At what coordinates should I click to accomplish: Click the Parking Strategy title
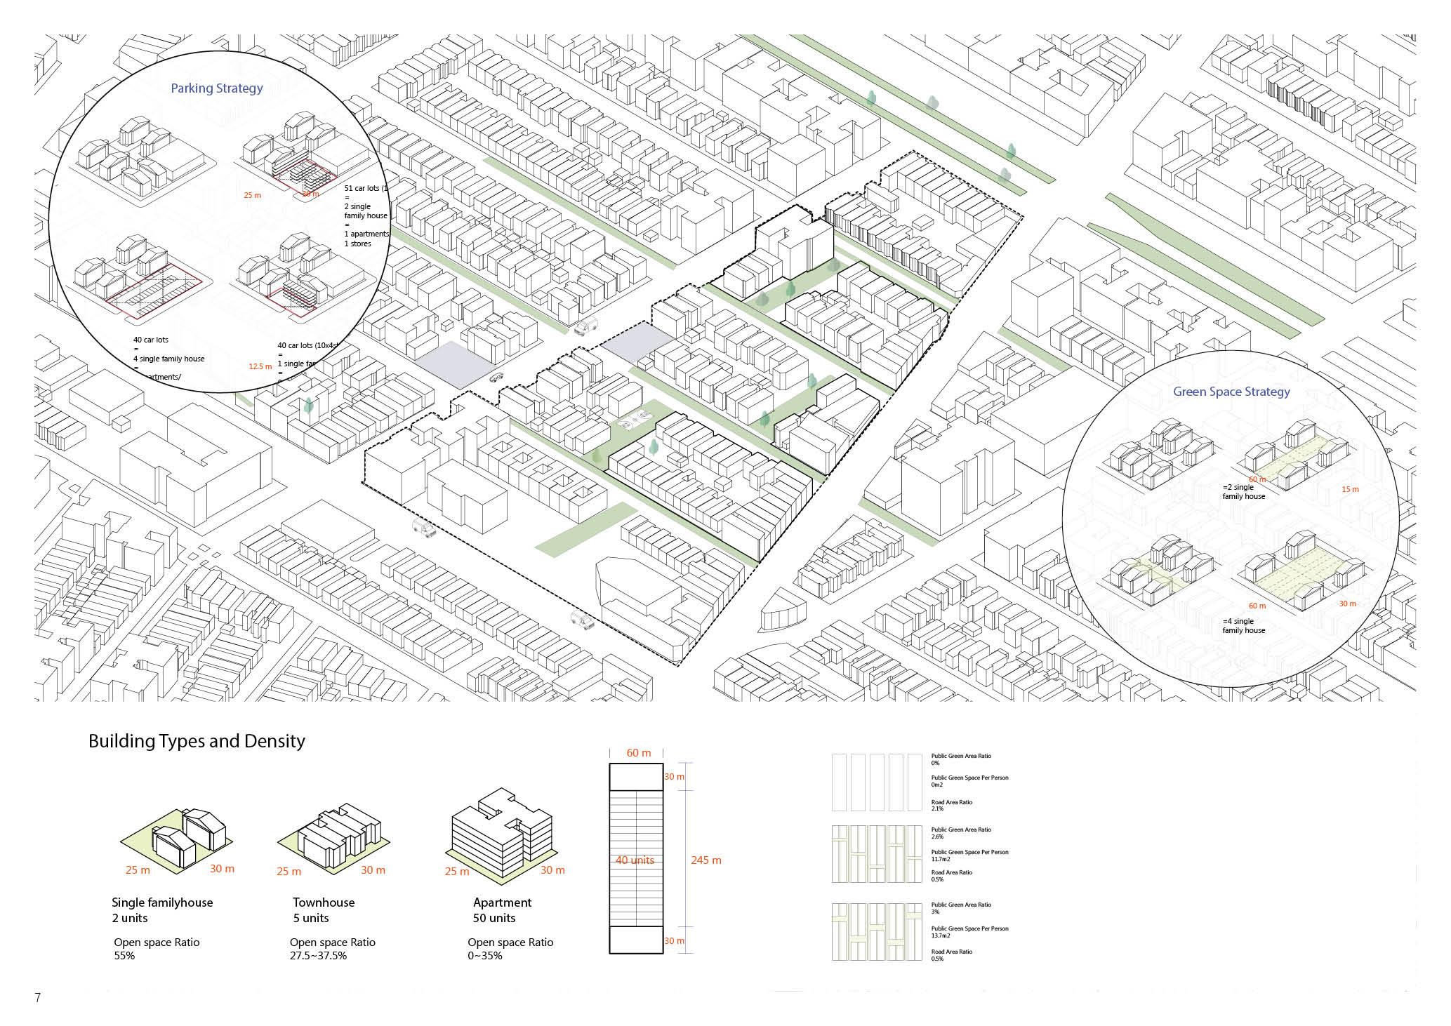click(x=217, y=88)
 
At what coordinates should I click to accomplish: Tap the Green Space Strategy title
click(x=1231, y=392)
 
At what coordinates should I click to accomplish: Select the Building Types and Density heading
click(x=197, y=741)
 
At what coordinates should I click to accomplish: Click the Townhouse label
click(x=323, y=902)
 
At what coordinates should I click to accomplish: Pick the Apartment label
click(x=502, y=902)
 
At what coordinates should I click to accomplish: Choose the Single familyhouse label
click(x=162, y=902)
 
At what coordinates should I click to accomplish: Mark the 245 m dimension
click(x=706, y=860)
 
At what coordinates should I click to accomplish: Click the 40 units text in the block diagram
click(x=635, y=860)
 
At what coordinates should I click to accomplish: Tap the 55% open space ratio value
click(x=124, y=956)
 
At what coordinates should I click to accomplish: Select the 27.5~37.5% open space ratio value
click(x=318, y=956)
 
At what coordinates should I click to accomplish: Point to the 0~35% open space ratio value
click(x=485, y=956)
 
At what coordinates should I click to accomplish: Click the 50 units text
click(x=494, y=918)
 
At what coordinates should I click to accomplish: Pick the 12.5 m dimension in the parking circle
click(x=260, y=366)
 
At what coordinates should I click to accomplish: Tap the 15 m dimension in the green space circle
click(x=1350, y=489)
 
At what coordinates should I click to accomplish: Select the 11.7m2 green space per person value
click(x=941, y=859)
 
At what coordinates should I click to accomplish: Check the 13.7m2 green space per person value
click(x=941, y=935)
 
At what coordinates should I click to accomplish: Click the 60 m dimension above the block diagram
click(x=638, y=753)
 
